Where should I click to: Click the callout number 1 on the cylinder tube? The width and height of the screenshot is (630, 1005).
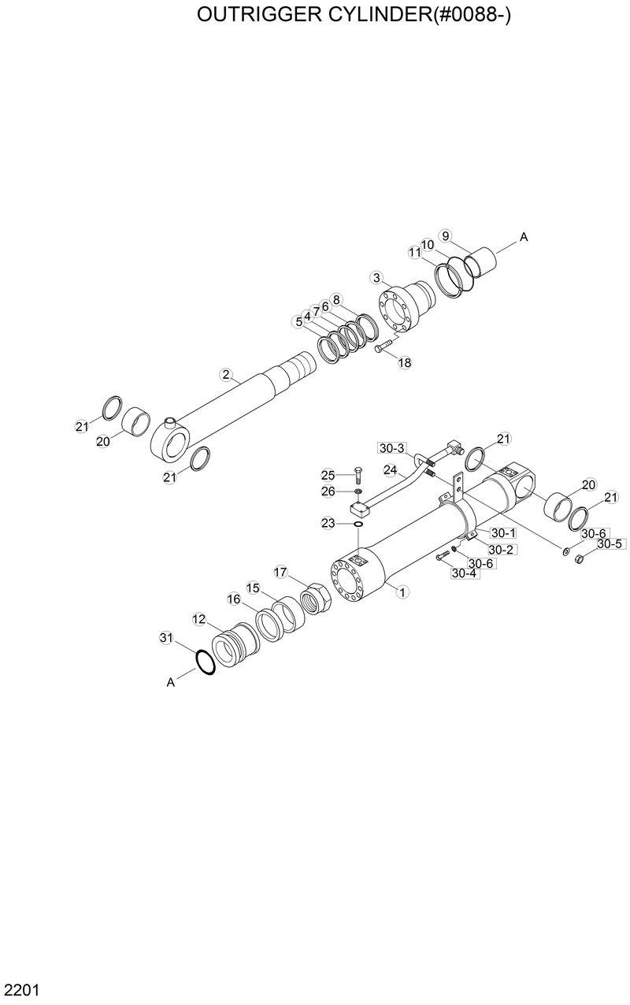(402, 590)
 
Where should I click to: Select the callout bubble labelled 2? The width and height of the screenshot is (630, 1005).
(226, 375)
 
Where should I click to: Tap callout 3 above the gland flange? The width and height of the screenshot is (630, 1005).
(377, 277)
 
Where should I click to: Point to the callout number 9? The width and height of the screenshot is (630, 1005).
(445, 235)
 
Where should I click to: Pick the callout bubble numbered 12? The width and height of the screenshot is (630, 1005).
(199, 620)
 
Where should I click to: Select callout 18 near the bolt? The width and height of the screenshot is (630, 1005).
(405, 363)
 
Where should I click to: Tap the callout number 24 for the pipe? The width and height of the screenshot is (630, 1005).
(390, 469)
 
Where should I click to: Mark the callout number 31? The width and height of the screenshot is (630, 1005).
(165, 637)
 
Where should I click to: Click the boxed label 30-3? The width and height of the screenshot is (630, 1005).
(391, 448)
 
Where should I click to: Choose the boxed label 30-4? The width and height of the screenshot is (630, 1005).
(464, 573)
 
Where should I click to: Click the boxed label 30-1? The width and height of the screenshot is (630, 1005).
(503, 533)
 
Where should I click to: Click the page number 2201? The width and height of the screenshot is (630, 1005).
(21, 988)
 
